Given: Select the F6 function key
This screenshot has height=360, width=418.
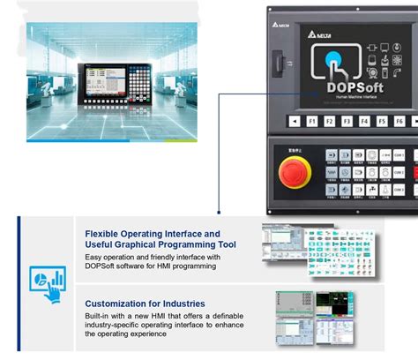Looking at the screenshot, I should coord(399,120).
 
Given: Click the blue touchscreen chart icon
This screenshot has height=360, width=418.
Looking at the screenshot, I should coord(47,281).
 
